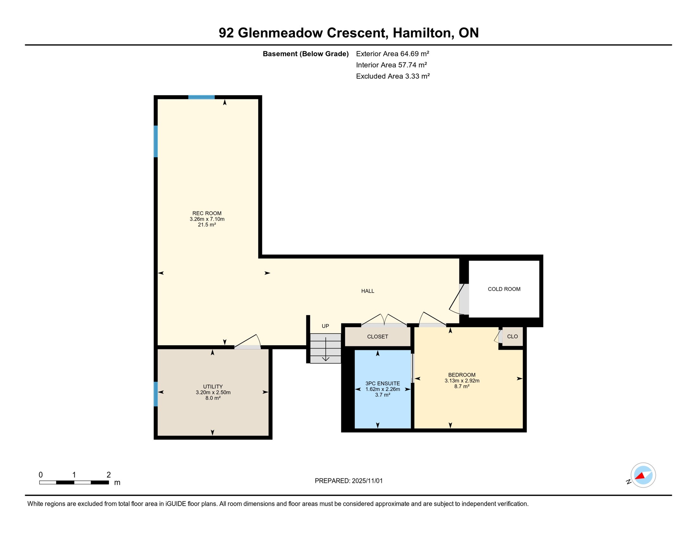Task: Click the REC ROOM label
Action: pyautogui.click(x=207, y=213)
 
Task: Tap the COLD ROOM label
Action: pyautogui.click(x=504, y=289)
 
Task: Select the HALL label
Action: pyautogui.click(x=367, y=291)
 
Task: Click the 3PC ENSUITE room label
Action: pyautogui.click(x=383, y=384)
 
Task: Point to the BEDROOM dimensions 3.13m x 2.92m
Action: pyautogui.click(x=462, y=381)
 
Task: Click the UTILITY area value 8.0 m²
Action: pyautogui.click(x=213, y=398)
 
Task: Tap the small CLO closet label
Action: pyautogui.click(x=512, y=337)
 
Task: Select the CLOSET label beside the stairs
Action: pyautogui.click(x=377, y=337)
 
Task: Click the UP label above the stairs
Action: pyautogui.click(x=325, y=326)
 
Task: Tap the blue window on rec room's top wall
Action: pyautogui.click(x=201, y=97)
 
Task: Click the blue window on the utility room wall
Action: pyautogui.click(x=156, y=394)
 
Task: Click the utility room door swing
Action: pyautogui.click(x=249, y=341)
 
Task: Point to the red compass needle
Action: pyautogui.click(x=640, y=476)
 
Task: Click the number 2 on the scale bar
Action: pyautogui.click(x=109, y=475)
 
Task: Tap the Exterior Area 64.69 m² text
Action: pyautogui.click(x=392, y=54)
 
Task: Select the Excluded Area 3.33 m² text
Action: pyautogui.click(x=393, y=76)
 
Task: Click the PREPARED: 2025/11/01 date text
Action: pyautogui.click(x=348, y=481)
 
